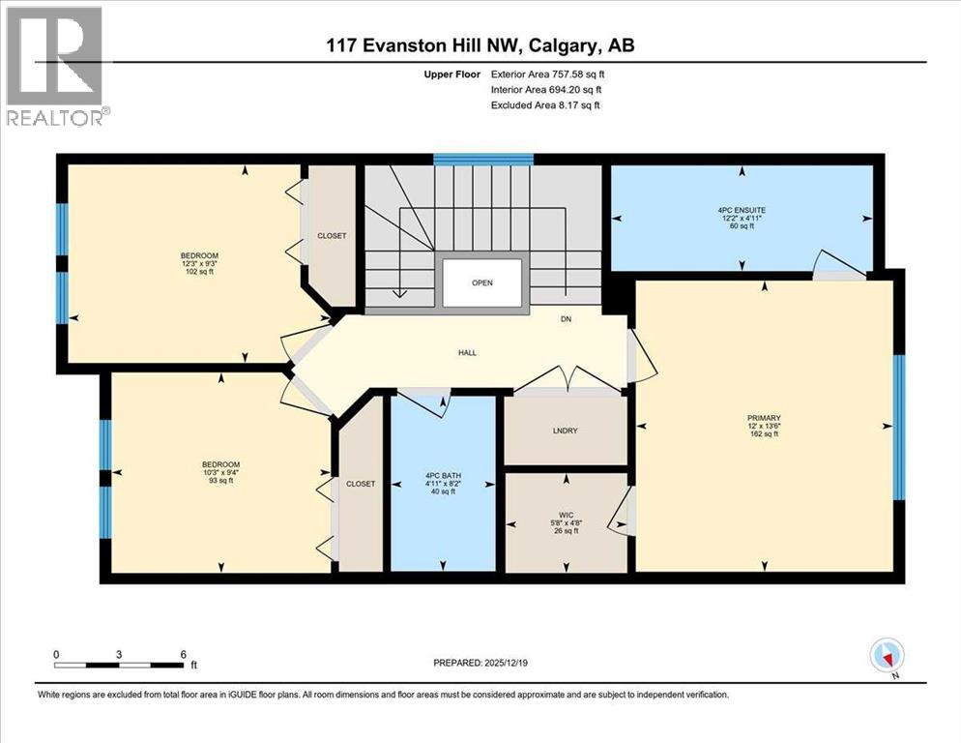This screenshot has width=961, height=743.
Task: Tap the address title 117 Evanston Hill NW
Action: pyautogui.click(x=480, y=45)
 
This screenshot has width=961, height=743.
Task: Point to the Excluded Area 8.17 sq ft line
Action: pyautogui.click(x=545, y=104)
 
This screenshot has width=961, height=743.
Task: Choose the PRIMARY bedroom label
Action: pyautogui.click(x=763, y=418)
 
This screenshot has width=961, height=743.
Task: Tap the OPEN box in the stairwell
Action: pyautogui.click(x=482, y=284)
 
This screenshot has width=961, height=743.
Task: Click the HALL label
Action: pyautogui.click(x=467, y=352)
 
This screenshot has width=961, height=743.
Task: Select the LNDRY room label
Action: pyautogui.click(x=566, y=431)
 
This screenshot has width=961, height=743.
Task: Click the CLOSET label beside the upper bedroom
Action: pyautogui.click(x=332, y=235)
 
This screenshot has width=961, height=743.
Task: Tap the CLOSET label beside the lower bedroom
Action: pyautogui.click(x=360, y=484)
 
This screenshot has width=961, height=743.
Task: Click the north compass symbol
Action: pyautogui.click(x=886, y=656)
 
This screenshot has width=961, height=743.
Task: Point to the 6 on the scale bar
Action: pyautogui.click(x=183, y=654)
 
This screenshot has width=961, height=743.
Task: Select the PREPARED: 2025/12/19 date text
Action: pyautogui.click(x=480, y=663)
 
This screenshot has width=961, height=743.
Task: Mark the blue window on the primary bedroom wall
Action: pyautogui.click(x=898, y=427)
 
